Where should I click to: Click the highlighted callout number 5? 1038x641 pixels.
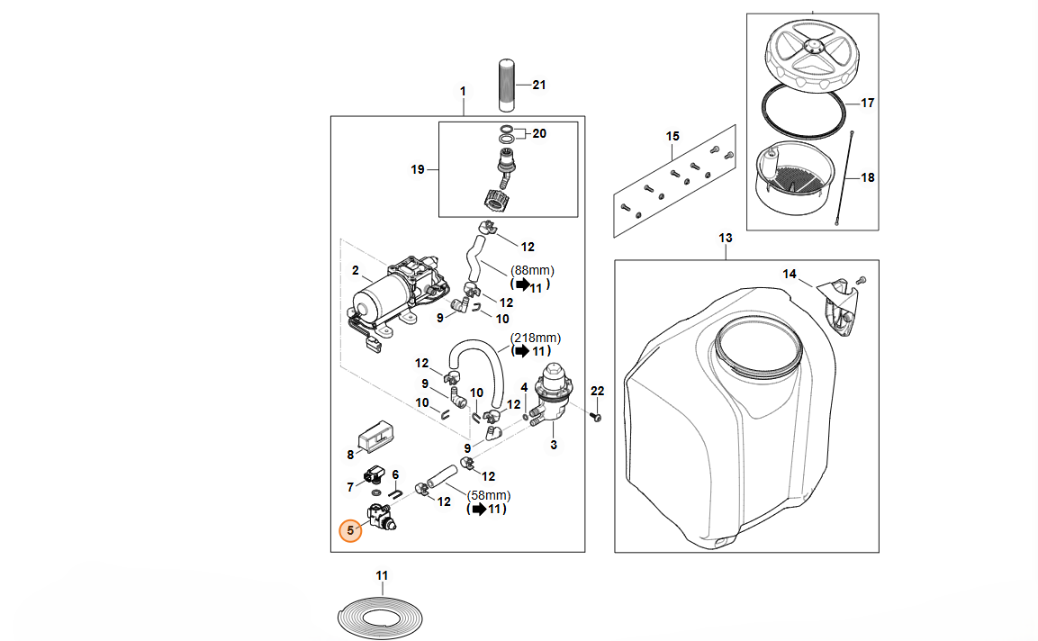pos(350,530)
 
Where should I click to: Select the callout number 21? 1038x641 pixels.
pos(539,86)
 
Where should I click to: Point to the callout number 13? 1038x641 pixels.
pos(726,239)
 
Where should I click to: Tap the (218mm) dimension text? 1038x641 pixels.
pos(536,338)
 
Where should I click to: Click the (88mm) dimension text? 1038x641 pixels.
pos(533,270)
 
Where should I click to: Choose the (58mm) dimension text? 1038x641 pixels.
pos(490,495)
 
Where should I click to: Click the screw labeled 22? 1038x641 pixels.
pos(595,418)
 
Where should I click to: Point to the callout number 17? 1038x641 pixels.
pos(867,104)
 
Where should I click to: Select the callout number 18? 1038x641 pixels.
pos(867,178)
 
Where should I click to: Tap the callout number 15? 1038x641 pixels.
pos(672,136)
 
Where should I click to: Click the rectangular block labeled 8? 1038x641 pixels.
pos(372,435)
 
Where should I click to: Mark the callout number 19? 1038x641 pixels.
pos(417,169)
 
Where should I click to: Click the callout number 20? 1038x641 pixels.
pos(539,134)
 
